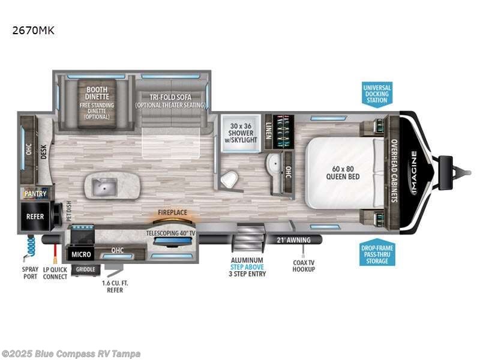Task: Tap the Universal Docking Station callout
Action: pyautogui.click(x=377, y=94)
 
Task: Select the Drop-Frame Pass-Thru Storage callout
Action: pyautogui.click(x=377, y=253)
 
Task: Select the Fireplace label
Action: pyautogui.click(x=172, y=212)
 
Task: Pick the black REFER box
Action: pyautogui.click(x=35, y=216)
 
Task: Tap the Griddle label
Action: pyautogui.click(x=85, y=269)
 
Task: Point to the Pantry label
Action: pyautogui.click(x=35, y=194)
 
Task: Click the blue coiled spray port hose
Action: pyautogui.click(x=30, y=246)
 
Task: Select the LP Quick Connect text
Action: pyautogui.click(x=55, y=273)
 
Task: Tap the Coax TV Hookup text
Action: pyautogui.click(x=304, y=265)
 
